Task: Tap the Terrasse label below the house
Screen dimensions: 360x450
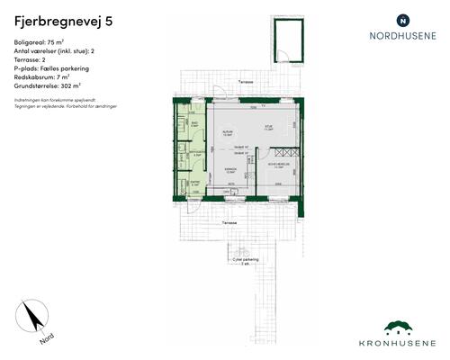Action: (230, 220)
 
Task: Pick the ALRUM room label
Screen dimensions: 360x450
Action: (228, 130)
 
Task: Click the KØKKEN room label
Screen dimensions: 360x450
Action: (230, 168)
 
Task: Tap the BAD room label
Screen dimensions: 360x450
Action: (195, 123)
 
